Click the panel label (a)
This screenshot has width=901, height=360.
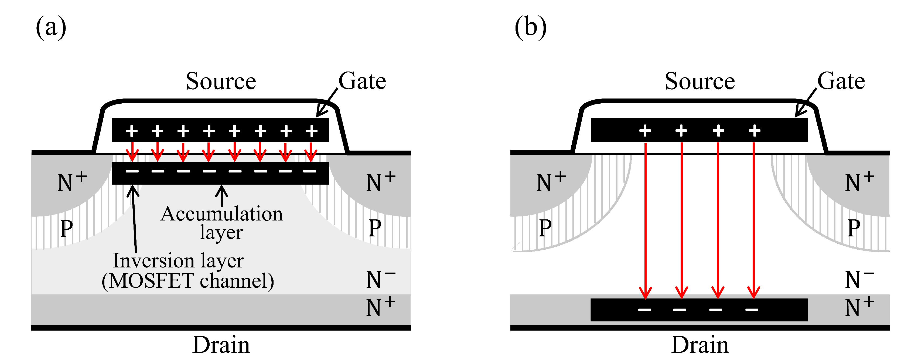[51, 27]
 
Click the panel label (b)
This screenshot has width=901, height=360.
[530, 27]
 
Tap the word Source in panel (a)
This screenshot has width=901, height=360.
[221, 81]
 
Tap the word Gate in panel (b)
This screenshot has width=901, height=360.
[841, 81]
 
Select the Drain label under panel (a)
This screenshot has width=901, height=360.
[221, 345]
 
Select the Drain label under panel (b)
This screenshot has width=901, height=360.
[700, 345]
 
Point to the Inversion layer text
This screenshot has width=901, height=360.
[178, 261]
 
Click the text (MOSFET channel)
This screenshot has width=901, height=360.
[188, 281]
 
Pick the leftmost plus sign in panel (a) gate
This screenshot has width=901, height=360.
[132, 131]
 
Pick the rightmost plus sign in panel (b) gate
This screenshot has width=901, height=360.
[755, 131]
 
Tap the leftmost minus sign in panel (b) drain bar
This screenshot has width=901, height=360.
[645, 310]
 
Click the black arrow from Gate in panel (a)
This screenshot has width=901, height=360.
[327, 103]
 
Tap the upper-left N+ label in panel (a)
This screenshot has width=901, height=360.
[72, 182]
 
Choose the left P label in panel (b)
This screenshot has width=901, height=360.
[545, 228]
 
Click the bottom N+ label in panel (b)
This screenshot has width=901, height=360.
[859, 307]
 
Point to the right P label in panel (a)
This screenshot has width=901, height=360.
[375, 228]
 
